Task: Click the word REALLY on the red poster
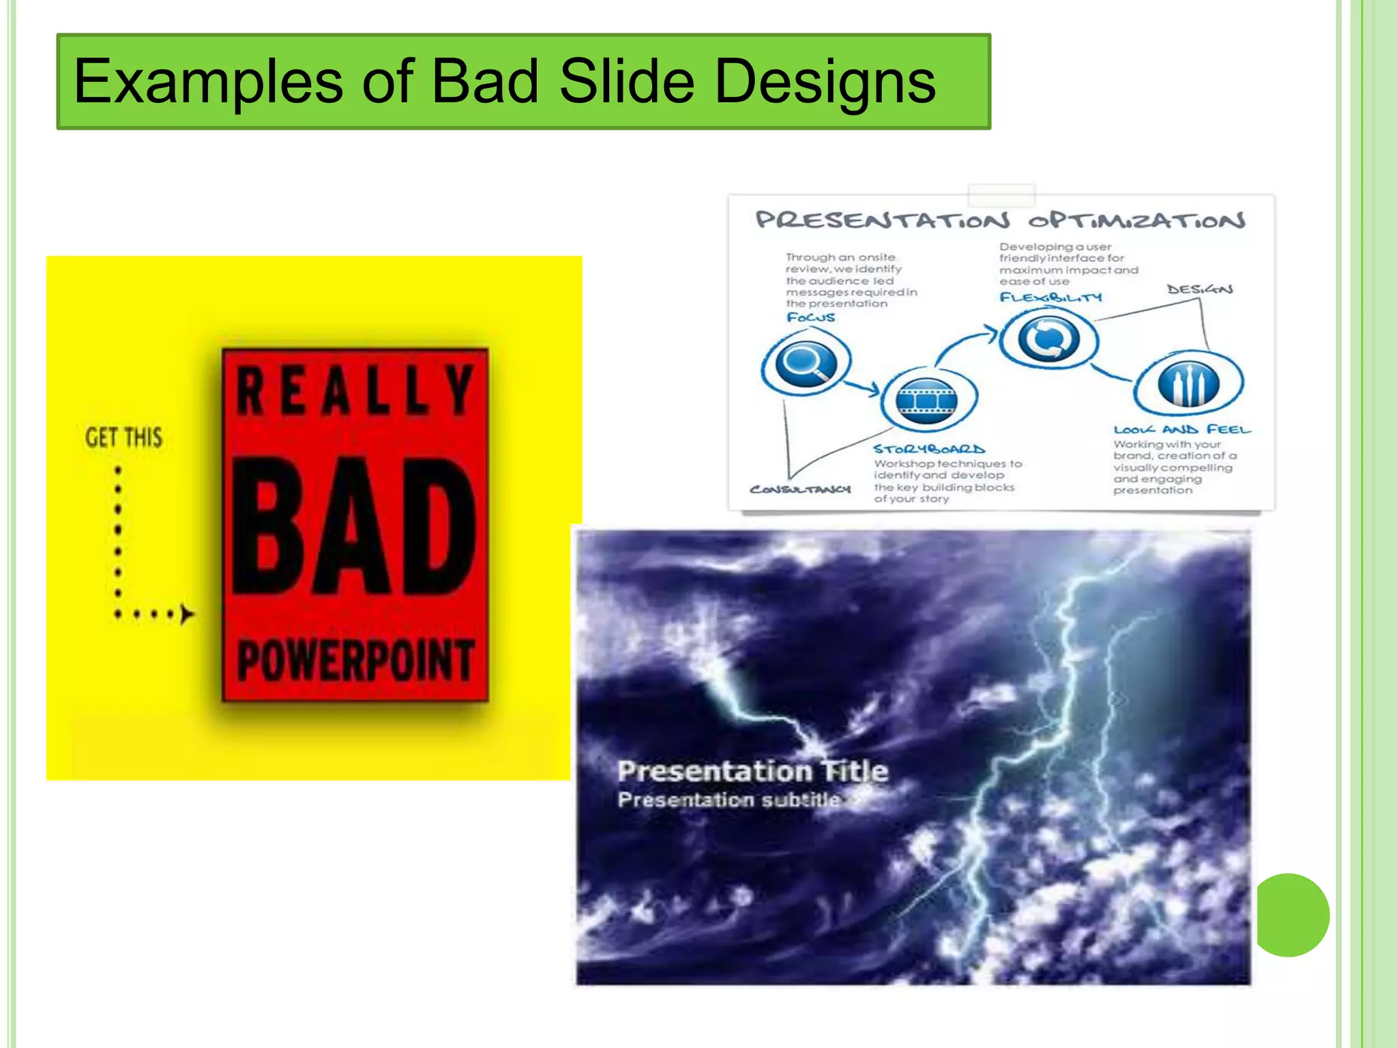click(354, 391)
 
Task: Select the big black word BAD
click(354, 525)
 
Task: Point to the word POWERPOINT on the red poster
click(355, 660)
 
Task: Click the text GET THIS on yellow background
click(123, 437)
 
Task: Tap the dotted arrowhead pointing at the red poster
click(186, 614)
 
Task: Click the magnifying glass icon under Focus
click(806, 362)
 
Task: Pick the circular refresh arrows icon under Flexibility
click(1048, 339)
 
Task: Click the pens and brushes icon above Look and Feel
click(1188, 383)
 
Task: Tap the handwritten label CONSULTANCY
click(800, 489)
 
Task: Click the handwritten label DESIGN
click(1200, 289)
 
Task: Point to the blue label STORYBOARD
click(929, 449)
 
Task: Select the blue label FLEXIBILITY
click(1050, 297)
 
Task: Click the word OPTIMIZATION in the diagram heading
click(1136, 220)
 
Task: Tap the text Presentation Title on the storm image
click(752, 771)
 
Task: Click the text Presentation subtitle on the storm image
click(729, 800)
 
